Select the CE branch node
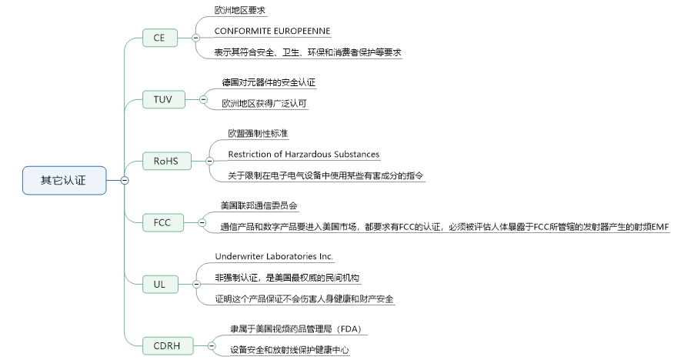[x=160, y=37]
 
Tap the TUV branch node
[x=163, y=99]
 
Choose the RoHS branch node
[x=165, y=161]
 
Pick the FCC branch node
[x=163, y=222]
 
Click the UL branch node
[x=160, y=284]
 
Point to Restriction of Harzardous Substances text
[x=304, y=155]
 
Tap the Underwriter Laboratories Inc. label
[x=274, y=256]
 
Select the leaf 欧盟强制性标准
[x=258, y=133]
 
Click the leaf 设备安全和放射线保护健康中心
[x=290, y=350]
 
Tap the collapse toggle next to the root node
[x=124, y=180]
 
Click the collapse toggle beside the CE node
[x=195, y=37]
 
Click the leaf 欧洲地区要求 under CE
[x=241, y=11]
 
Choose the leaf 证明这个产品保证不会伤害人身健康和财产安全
[x=304, y=298]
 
